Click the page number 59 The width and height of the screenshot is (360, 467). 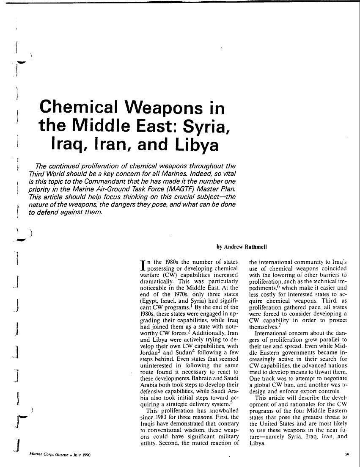tap(347, 454)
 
